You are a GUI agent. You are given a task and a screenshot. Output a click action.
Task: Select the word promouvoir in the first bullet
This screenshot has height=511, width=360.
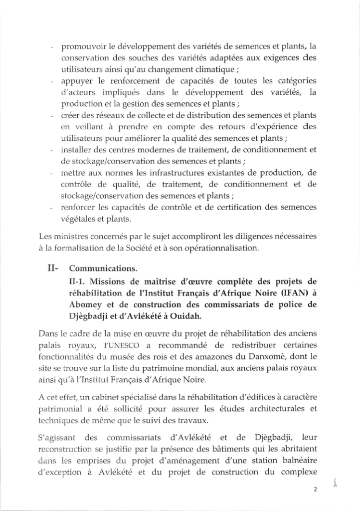pyautogui.click(x=83, y=48)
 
